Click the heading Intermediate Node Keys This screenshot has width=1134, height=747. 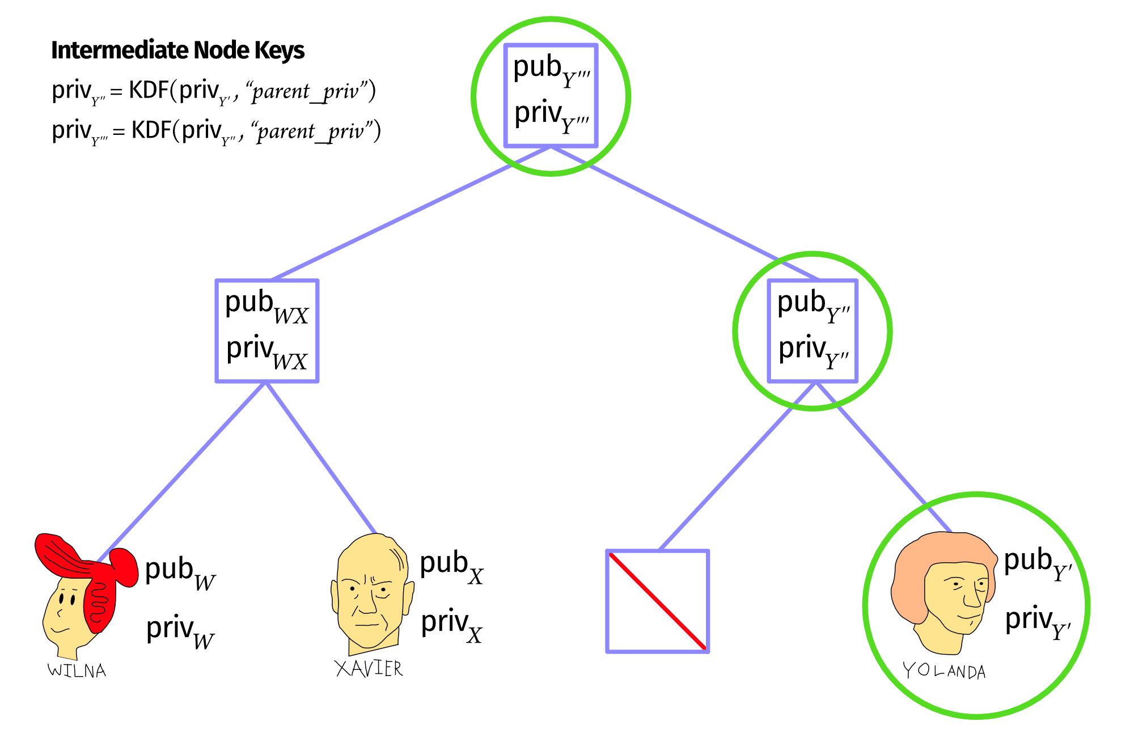pos(177,50)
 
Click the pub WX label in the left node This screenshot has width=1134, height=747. pos(266,306)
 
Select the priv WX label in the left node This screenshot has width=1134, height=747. pos(266,351)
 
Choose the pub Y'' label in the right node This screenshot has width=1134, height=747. pos(813,306)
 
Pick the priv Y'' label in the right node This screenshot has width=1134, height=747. pos(813,351)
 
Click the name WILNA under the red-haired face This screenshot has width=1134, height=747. pos(77,670)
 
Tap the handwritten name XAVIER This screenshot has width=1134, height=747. pos(369,668)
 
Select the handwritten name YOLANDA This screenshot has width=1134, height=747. pos(944,671)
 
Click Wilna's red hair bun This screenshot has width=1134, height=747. pos(124,567)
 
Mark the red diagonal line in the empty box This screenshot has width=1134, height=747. pos(658,601)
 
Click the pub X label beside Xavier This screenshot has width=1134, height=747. pos(451,567)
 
